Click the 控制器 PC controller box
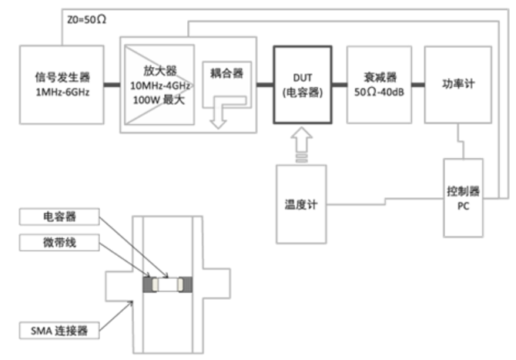tap(463, 197)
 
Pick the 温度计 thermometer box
tap(301, 205)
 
